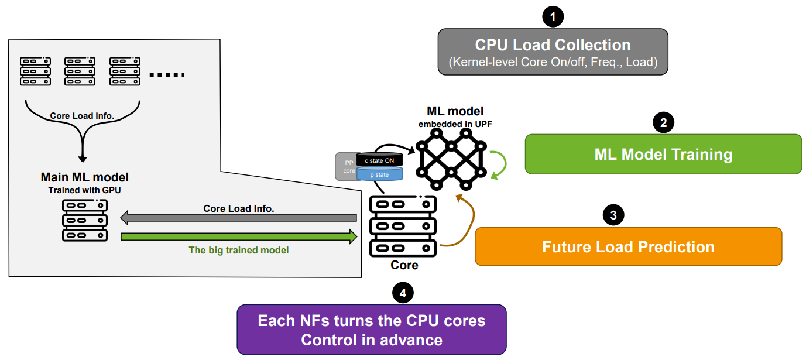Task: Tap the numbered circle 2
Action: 663,122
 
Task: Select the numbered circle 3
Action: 613,215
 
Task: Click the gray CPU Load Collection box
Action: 553,53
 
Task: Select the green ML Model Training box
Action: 663,155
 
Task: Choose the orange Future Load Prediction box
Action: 628,246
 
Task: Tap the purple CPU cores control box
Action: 371,330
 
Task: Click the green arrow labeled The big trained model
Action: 239,237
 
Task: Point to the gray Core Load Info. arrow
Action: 239,218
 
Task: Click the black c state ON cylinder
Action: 379,160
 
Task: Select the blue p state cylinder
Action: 379,174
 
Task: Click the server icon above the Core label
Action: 403,227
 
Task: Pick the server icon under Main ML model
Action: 84,220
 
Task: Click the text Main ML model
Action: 84,177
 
